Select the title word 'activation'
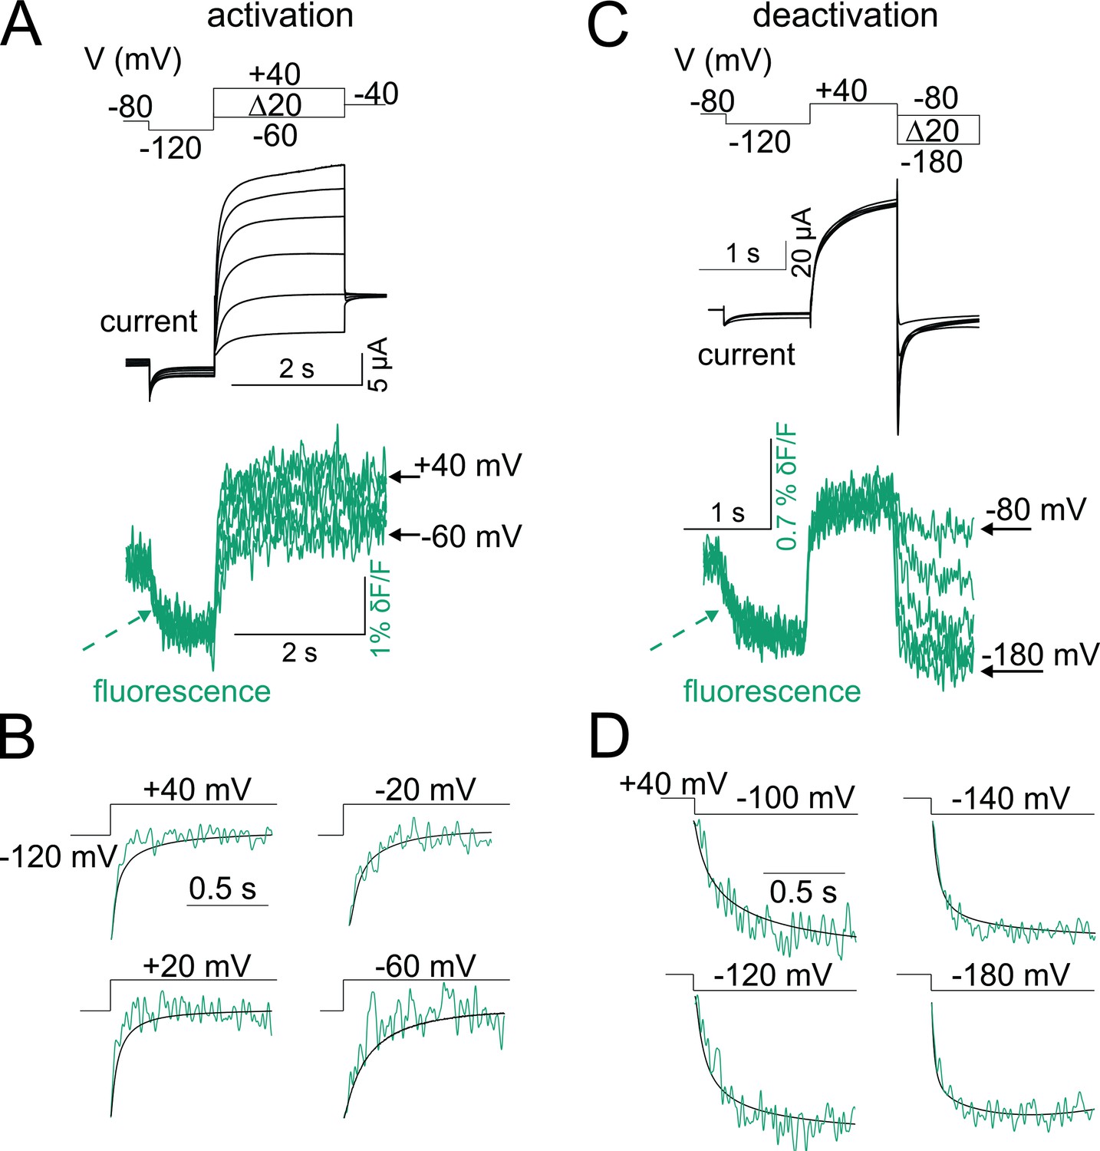tap(280, 16)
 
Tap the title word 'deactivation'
tap(845, 16)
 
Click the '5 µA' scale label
tap(378, 364)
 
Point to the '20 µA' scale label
tap(802, 242)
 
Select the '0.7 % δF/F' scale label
tap(787, 490)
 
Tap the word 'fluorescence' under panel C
tap(772, 691)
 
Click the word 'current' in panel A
tap(149, 321)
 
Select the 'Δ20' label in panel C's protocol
tap(932, 130)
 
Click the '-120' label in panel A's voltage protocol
tap(170, 147)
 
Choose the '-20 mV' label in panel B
tap(426, 789)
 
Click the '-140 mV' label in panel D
tap(1010, 799)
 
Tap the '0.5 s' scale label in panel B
tap(222, 889)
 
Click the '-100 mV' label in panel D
tap(795, 798)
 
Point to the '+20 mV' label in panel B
tap(197, 966)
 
